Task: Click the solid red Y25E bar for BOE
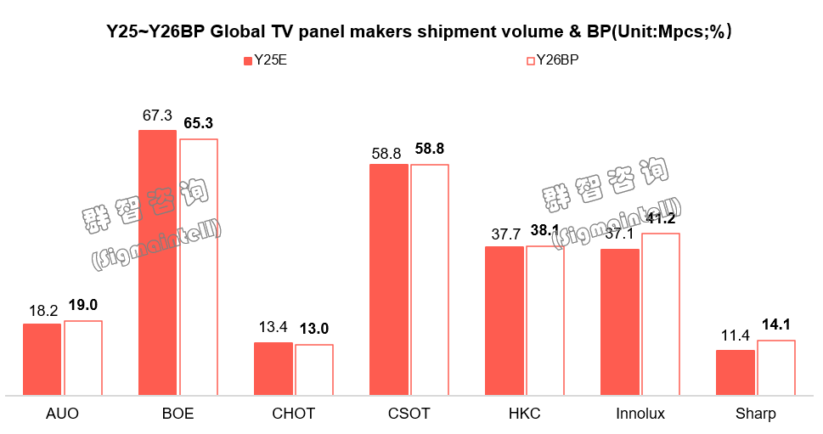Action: coord(157,263)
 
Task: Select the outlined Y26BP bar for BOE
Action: coord(198,268)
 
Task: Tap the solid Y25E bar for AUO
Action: coord(42,359)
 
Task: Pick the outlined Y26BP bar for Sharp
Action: coord(775,368)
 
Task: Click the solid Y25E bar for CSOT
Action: coord(388,280)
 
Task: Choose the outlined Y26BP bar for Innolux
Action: coord(660,314)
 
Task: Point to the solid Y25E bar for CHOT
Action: coord(273,369)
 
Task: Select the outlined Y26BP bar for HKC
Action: coord(544,321)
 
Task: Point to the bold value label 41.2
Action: coord(660,219)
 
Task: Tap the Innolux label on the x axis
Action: coord(640,414)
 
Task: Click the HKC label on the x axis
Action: coord(524,414)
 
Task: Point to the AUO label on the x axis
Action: coord(62,414)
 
